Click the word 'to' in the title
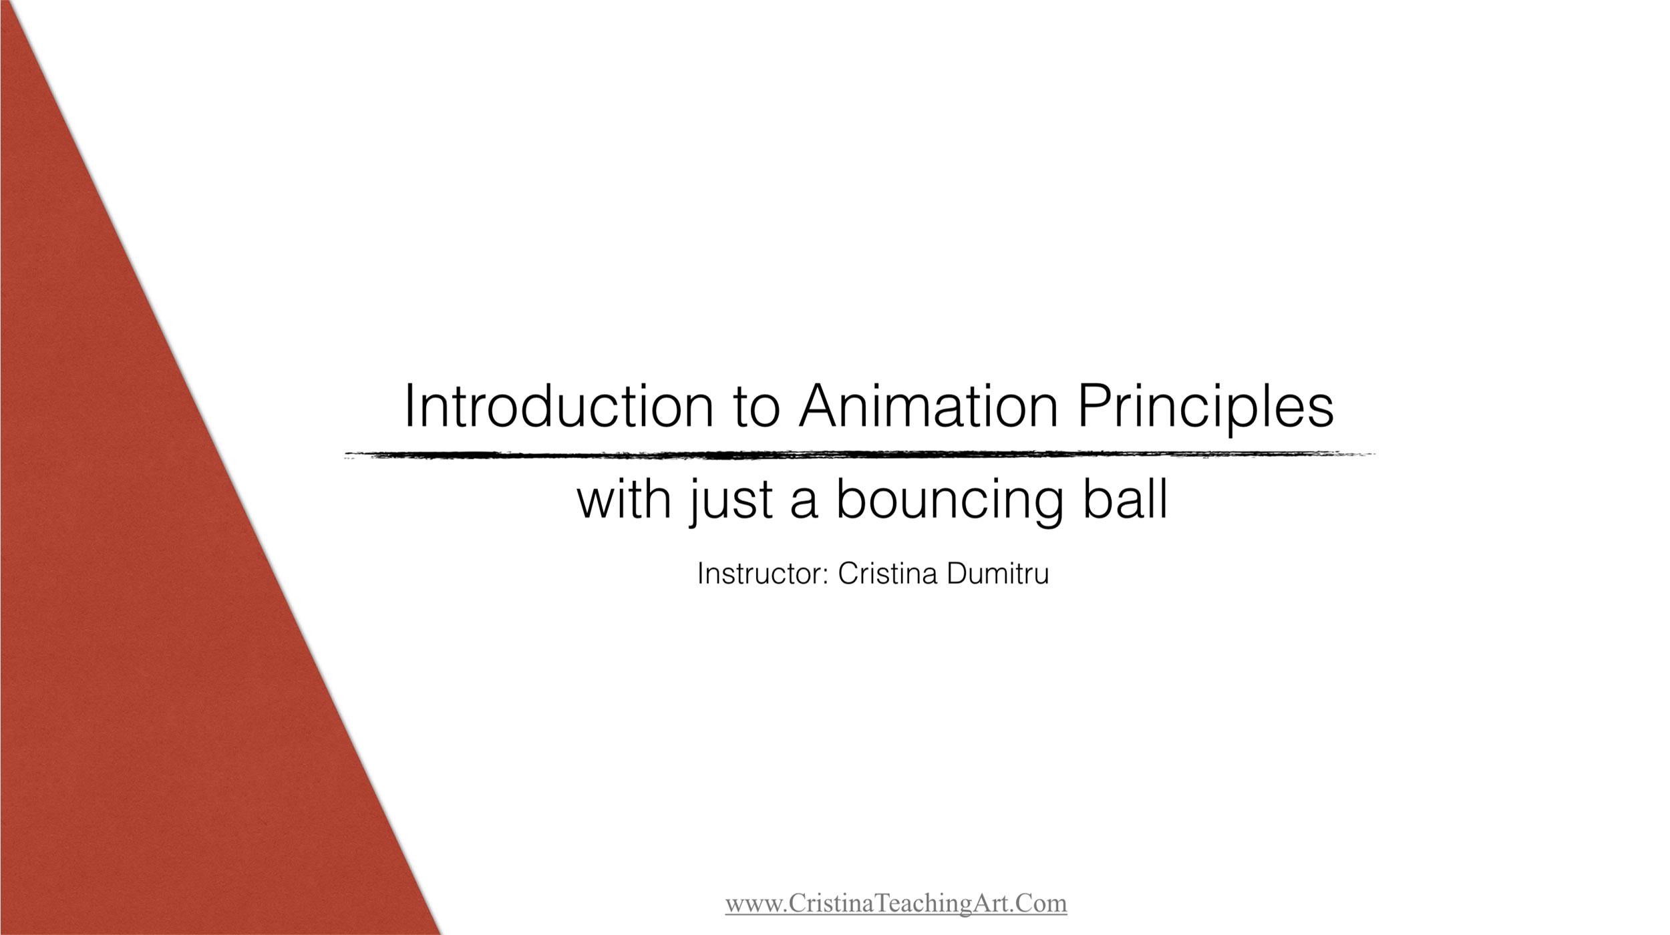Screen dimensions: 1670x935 (757, 408)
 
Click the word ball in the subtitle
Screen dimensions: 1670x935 (1126, 498)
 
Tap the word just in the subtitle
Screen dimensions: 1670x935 (732, 501)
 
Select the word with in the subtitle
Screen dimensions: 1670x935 (624, 498)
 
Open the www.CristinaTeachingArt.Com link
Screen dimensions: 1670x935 (896, 904)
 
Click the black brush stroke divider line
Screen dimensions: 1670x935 (860, 455)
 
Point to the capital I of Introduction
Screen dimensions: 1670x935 (409, 406)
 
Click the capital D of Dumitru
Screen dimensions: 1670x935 (957, 574)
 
